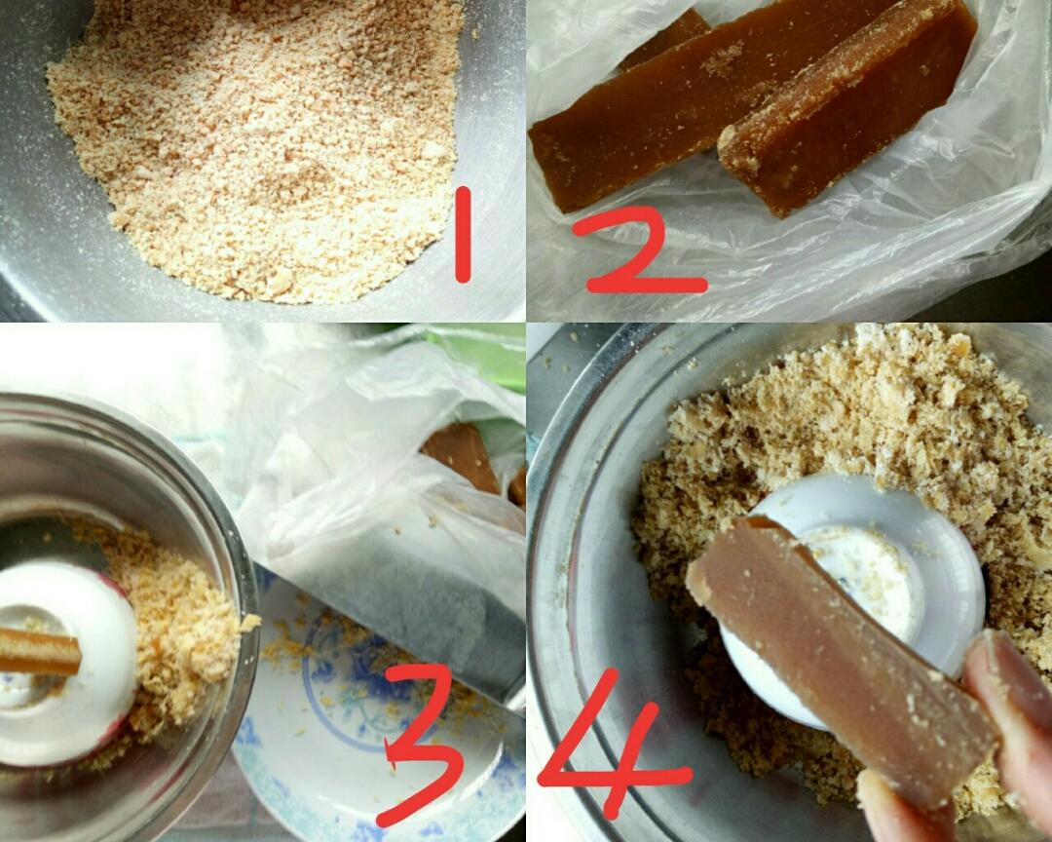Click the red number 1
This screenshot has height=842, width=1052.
click(x=463, y=234)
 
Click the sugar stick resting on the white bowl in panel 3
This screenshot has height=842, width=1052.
click(x=39, y=651)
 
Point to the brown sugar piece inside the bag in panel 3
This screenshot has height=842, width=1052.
click(x=462, y=457)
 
